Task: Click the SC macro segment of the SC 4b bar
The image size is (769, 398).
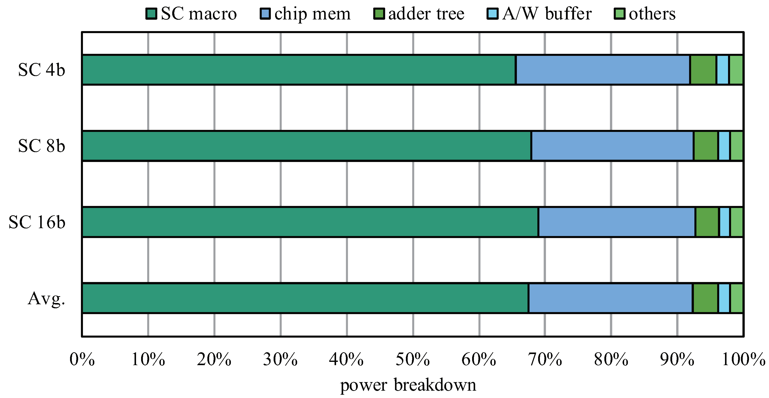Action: point(299,70)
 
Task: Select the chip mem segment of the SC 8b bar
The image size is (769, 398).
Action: point(612,146)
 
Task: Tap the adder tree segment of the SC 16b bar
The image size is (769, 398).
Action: point(707,222)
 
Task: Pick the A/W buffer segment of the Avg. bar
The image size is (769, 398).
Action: point(724,298)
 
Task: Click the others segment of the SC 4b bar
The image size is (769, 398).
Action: point(736,70)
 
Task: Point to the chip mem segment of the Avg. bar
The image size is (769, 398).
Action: point(610,298)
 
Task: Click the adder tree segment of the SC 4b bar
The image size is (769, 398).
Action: point(703,70)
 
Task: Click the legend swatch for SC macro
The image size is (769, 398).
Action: point(151,14)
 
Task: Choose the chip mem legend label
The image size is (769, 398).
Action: point(312,14)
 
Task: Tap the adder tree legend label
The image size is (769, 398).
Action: point(426,14)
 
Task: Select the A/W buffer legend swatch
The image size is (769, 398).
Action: point(492,14)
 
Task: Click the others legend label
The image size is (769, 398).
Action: point(652,14)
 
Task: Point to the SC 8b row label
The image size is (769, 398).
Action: point(41,146)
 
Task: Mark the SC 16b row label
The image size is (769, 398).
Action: point(37,222)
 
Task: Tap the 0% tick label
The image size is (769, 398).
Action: point(82,359)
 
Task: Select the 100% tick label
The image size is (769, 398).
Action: point(743,359)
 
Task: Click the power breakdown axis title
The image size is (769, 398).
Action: point(408,385)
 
